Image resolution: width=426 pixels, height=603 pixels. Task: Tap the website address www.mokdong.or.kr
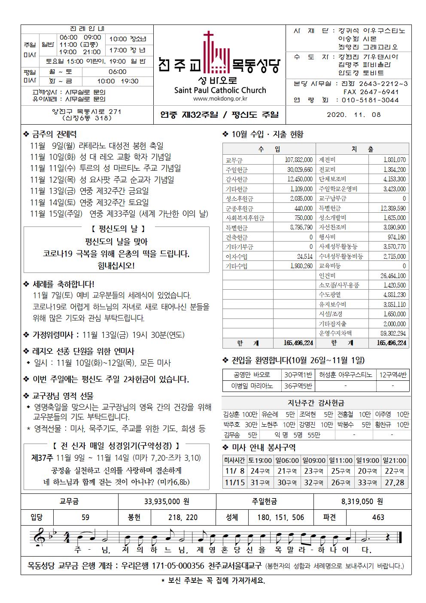(220, 99)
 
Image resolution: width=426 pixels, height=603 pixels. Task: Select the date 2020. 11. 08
(353, 115)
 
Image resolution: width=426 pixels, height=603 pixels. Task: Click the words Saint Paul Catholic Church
(220, 90)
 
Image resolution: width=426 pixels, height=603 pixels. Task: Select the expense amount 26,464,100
(393, 275)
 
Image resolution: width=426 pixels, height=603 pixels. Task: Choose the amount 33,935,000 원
(167, 501)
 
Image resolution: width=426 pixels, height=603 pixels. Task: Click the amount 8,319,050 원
(362, 501)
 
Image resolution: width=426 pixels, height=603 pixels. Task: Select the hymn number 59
(85, 517)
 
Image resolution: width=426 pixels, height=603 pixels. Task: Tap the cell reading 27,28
(394, 483)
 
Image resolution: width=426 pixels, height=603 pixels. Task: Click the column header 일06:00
(287, 460)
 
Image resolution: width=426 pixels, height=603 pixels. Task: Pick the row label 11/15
(234, 483)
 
